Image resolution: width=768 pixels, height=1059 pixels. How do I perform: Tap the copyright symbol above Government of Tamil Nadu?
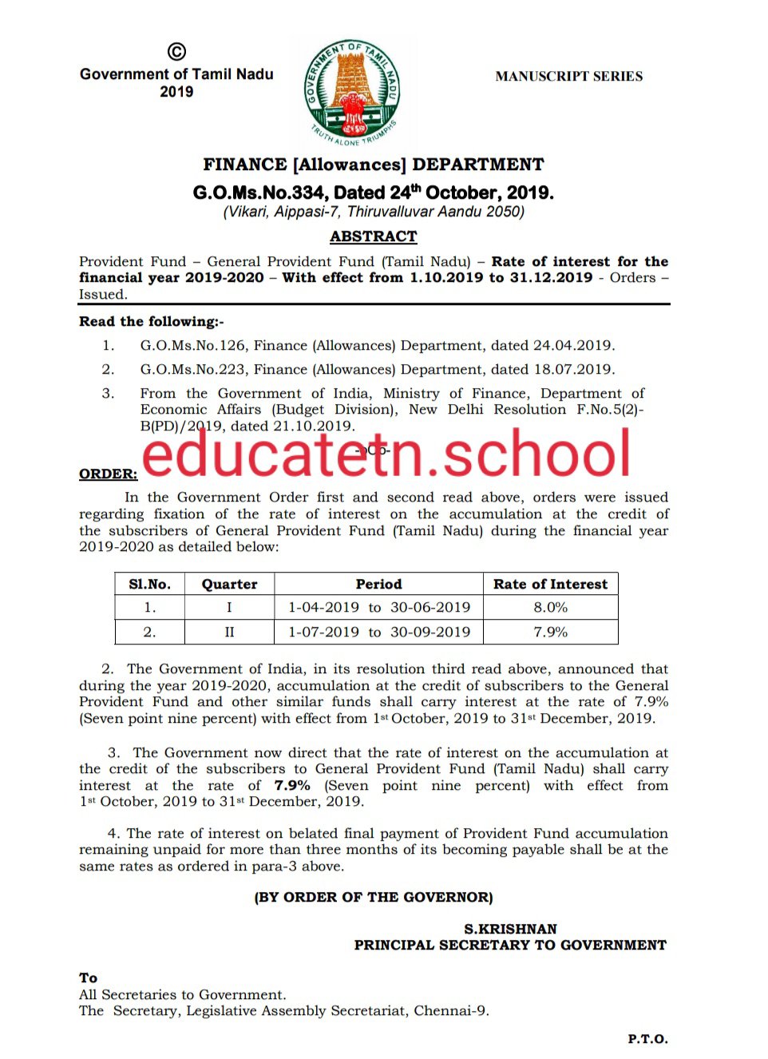[176, 53]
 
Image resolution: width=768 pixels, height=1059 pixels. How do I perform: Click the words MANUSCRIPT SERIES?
[568, 77]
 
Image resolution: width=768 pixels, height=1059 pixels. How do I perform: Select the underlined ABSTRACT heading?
[373, 236]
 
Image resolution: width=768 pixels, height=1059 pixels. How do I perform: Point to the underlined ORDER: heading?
[108, 474]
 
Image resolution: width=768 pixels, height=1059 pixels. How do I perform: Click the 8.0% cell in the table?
[550, 608]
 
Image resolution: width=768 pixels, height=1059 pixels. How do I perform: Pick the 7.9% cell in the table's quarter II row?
[550, 633]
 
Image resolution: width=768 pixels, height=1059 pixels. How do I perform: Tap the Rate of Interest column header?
[550, 584]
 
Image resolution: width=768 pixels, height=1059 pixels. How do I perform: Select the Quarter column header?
[229, 584]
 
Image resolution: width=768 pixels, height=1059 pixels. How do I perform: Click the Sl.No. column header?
[149, 584]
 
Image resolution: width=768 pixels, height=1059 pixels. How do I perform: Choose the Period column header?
[378, 584]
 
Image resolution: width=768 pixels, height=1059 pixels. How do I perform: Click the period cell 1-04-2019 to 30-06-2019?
[378, 608]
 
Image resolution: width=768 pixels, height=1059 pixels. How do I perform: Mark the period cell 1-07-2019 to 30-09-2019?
[378, 633]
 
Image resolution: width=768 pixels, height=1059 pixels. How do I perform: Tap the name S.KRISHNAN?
[510, 929]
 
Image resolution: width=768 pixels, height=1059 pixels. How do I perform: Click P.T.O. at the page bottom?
[647, 1039]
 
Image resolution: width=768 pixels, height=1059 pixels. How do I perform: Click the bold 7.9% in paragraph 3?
[291, 786]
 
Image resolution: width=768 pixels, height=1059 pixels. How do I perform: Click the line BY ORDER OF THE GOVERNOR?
[373, 897]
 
